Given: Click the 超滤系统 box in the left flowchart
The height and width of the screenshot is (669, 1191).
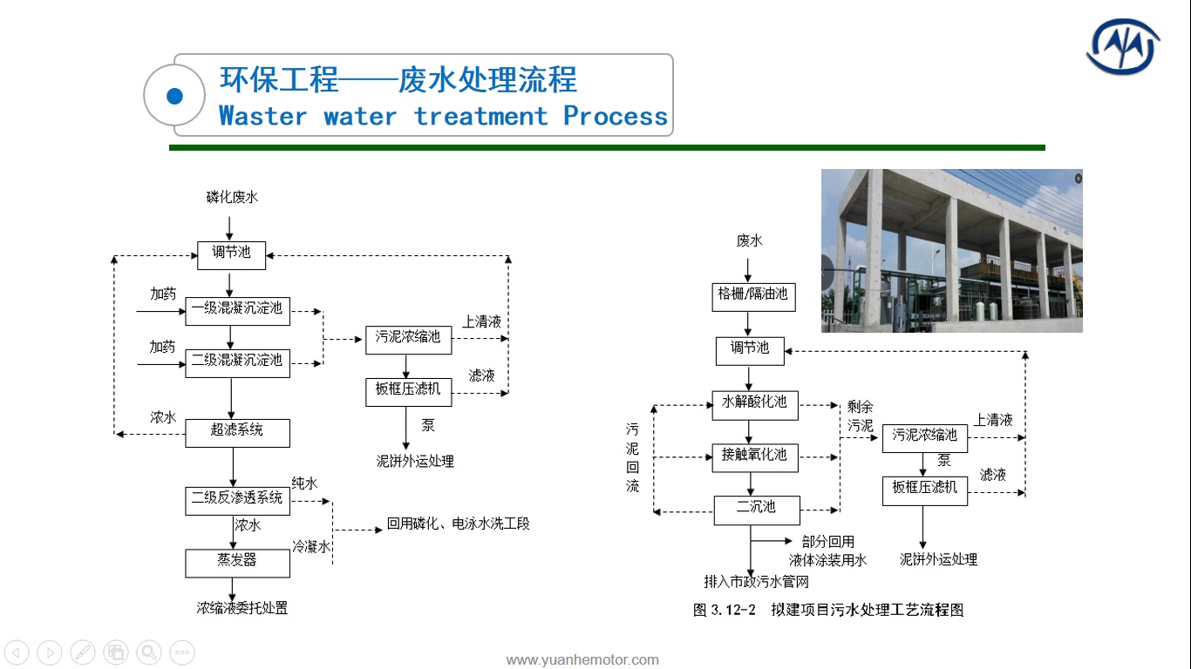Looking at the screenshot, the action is (238, 433).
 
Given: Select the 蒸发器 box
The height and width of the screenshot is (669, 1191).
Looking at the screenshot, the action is (238, 564).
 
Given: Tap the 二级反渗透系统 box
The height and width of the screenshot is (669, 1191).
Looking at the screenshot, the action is (238, 501).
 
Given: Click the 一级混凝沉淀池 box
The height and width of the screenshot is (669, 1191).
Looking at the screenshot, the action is (238, 311).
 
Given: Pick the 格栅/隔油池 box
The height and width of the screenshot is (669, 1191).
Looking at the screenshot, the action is (753, 297).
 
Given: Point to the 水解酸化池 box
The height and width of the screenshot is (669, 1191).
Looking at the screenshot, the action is (755, 406).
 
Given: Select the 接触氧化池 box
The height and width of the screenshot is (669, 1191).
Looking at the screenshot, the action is (755, 458).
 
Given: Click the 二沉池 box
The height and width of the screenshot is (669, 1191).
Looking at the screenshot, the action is (757, 510).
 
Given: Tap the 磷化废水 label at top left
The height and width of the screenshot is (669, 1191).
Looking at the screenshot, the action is (232, 197).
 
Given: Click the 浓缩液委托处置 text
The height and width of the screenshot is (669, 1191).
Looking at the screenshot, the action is (242, 608).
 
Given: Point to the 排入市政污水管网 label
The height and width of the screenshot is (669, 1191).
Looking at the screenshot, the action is (756, 582).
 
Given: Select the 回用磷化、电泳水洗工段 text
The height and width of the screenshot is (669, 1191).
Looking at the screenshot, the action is (458, 524).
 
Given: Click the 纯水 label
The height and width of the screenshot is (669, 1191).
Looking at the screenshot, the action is (304, 483).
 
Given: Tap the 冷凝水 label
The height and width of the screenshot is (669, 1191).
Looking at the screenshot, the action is (311, 546).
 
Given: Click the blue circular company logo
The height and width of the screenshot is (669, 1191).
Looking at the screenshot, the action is (1123, 47).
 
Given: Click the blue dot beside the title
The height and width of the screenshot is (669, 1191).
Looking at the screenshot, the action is (174, 96).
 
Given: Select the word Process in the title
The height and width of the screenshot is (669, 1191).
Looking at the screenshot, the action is (616, 117).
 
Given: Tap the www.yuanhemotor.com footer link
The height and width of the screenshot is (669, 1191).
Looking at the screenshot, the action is (582, 660).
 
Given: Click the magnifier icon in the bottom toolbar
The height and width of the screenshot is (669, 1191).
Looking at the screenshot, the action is (149, 652).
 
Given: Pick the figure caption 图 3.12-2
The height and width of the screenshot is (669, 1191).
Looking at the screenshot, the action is (725, 610).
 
